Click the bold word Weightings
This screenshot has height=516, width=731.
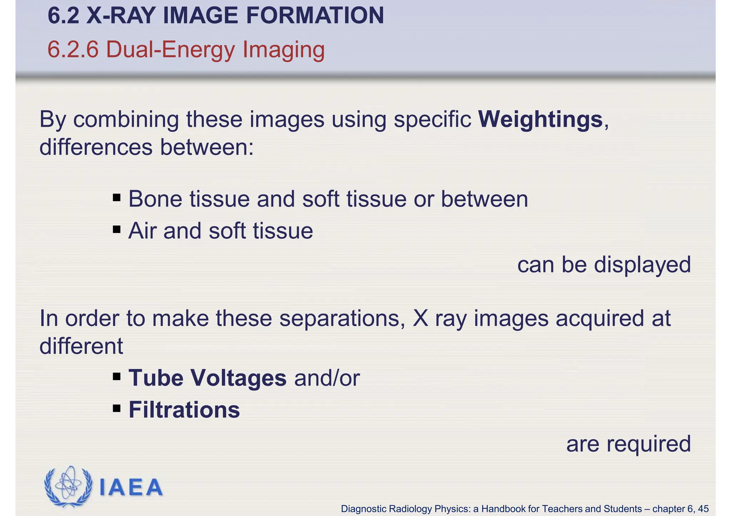(540, 119)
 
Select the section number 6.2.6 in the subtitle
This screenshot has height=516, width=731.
(73, 50)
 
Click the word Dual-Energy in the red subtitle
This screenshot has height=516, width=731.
(170, 50)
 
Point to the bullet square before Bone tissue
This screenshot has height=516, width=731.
(116, 197)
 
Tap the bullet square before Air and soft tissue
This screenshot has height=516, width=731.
(116, 229)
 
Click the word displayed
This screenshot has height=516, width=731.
(642, 265)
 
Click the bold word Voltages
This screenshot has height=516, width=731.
(238, 378)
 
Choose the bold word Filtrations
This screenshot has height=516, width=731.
(184, 410)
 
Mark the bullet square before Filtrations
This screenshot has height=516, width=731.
(116, 408)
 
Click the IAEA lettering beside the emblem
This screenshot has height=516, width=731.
(131, 487)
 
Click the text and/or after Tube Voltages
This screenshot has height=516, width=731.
(327, 378)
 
